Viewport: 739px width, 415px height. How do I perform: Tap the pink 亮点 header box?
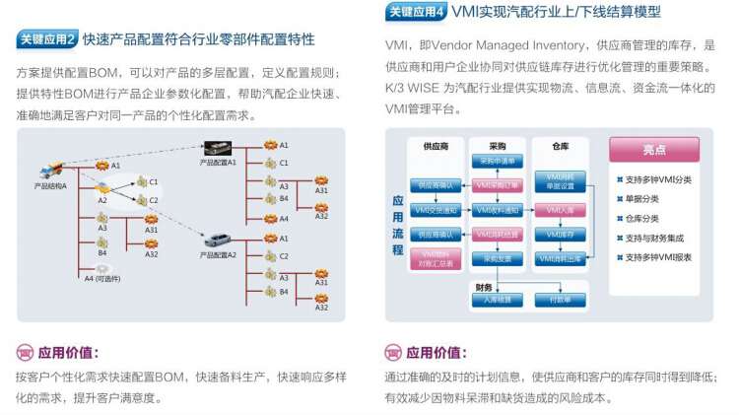point(654,150)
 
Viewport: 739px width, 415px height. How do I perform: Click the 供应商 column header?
point(436,146)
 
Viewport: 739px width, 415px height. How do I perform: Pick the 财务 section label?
point(483,286)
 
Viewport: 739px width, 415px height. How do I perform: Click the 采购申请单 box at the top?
point(496,161)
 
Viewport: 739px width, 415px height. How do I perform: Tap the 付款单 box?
point(560,299)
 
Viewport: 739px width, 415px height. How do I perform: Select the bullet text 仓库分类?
point(643,218)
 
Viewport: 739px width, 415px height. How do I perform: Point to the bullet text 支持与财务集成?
point(658,238)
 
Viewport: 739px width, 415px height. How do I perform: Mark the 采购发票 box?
point(496,259)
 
